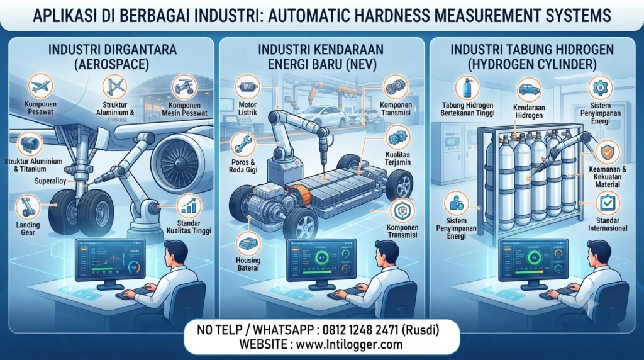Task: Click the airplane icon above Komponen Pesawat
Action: pos(40,86)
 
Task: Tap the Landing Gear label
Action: pos(28,228)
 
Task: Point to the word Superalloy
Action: pos(50,181)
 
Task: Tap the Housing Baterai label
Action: pos(248,264)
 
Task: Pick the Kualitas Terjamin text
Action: pos(398,159)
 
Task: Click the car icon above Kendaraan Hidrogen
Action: pos(529,89)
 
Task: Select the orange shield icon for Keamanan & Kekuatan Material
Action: pos(607,152)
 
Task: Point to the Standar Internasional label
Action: pos(608,225)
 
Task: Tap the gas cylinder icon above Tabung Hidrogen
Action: pos(467,87)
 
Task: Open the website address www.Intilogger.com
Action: pos(349,344)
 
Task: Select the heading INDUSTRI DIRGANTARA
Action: pos(113,50)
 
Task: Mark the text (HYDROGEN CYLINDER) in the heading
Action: pos(532,65)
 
